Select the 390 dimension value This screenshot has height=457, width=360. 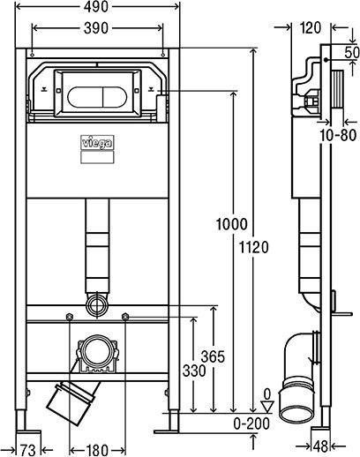pos(99,29)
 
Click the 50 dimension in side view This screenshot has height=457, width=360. pos(351,54)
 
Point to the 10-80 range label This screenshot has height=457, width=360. pos(337,135)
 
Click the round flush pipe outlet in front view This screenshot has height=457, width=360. pos(98,304)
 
